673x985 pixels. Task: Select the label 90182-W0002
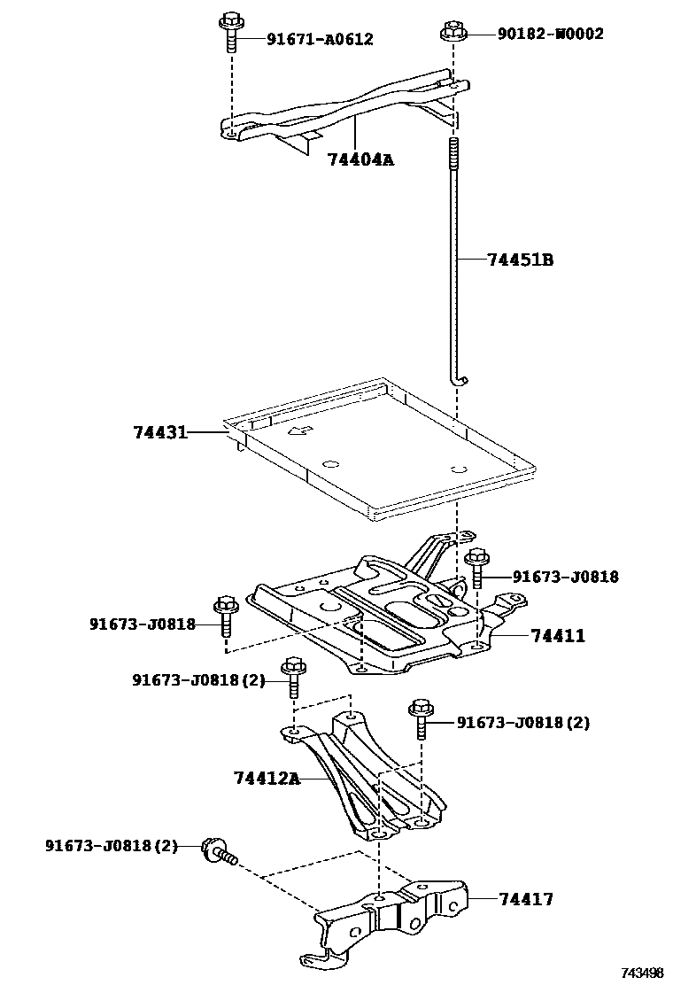click(550, 34)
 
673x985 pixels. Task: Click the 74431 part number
click(160, 432)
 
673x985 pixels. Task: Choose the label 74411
click(558, 636)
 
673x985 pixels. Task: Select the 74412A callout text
click(267, 779)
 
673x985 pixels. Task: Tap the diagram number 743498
click(641, 973)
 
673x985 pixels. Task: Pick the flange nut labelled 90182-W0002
click(453, 34)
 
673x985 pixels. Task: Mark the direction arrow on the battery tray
click(301, 432)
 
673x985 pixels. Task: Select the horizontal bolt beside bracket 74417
click(220, 851)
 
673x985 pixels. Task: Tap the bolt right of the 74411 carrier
click(476, 568)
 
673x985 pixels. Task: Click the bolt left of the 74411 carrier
click(224, 617)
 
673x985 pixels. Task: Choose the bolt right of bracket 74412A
click(420, 717)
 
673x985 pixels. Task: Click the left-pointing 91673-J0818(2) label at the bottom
click(111, 846)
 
